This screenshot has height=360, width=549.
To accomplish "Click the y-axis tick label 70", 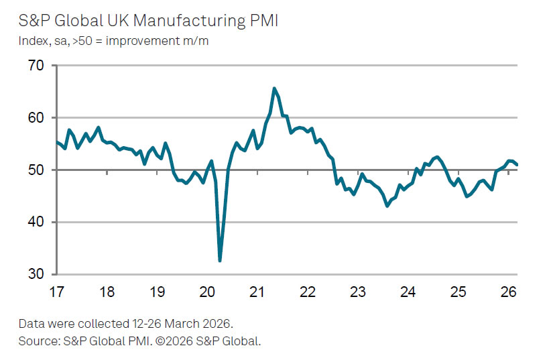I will (36, 66).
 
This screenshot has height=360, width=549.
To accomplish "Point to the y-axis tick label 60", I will (36, 118).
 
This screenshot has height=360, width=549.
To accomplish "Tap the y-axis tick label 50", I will (36, 170).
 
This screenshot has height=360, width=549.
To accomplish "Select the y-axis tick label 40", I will (36, 222).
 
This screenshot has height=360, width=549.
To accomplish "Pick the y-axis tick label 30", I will (36, 274).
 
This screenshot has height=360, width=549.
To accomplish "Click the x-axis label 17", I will (56, 292).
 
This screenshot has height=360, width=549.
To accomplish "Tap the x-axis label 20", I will (207, 292).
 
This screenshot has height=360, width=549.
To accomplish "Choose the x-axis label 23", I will (357, 292).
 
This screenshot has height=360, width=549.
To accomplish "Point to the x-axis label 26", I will (508, 292).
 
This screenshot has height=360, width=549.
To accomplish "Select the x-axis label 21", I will (257, 292).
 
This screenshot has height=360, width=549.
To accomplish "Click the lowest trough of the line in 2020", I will (220, 261).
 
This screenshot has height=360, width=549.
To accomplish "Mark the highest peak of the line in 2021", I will (274, 88).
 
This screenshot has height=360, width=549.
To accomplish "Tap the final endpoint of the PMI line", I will (517, 164).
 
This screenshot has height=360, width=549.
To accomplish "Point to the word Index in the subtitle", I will (32, 41).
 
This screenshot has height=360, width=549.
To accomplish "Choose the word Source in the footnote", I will (38, 341).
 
